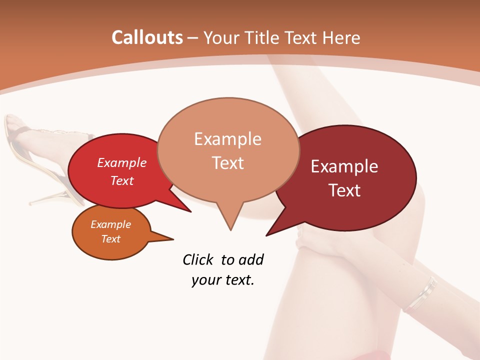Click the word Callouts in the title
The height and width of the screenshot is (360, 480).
[147, 38]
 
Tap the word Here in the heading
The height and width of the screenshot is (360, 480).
[341, 38]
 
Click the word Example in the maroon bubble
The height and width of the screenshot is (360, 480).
[344, 166]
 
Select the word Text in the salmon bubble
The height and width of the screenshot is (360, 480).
[228, 163]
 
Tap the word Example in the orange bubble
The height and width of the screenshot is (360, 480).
[110, 224]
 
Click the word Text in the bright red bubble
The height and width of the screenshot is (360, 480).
[122, 181]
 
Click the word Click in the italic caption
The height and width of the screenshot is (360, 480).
[199, 259]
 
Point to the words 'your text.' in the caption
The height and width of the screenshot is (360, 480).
[223, 280]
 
